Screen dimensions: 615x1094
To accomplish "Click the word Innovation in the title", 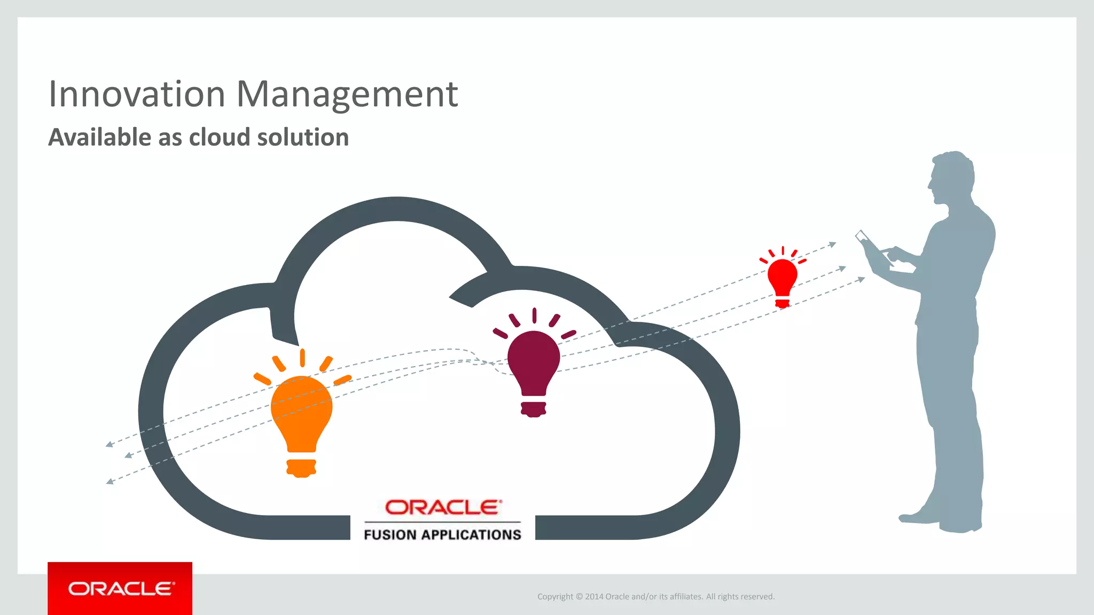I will tap(137, 94).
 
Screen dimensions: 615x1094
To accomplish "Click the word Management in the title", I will tap(347, 94).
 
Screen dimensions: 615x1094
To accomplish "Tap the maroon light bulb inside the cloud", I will tap(534, 363).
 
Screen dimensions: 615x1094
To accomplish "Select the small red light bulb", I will tap(782, 278).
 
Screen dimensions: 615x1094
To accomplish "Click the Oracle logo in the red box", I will tap(120, 588).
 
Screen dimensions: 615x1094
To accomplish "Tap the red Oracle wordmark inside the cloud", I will tap(443, 507).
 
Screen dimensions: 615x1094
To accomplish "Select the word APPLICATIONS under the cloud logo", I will tap(471, 534).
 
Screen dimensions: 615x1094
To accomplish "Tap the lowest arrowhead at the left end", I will tap(110, 482).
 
